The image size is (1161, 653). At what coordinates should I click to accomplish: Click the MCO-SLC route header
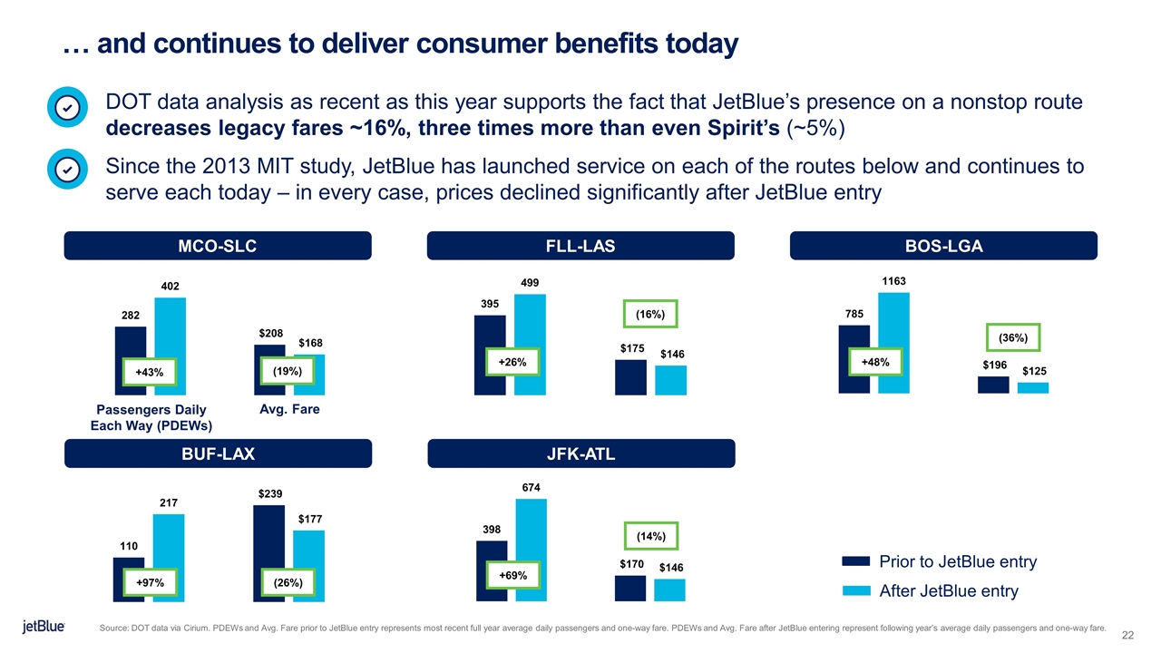(x=218, y=246)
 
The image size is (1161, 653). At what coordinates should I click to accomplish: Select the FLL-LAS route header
(x=580, y=246)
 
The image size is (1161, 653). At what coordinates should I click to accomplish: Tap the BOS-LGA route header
(x=943, y=246)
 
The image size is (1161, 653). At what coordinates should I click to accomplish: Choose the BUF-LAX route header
(x=218, y=453)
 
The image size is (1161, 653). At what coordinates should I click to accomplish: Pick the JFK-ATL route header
(x=580, y=453)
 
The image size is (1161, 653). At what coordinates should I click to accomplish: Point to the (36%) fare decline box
(x=1012, y=336)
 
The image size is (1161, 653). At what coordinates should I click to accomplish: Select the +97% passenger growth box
(x=149, y=582)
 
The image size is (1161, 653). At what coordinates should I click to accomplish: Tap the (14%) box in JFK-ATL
(x=652, y=537)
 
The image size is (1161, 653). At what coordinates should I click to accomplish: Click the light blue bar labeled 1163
(x=893, y=343)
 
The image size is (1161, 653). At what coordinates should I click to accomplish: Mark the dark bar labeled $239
(x=269, y=553)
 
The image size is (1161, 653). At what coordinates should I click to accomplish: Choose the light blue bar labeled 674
(x=532, y=550)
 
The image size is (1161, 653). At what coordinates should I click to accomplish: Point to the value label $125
(x=1035, y=372)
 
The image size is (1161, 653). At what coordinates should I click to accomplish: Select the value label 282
(x=131, y=315)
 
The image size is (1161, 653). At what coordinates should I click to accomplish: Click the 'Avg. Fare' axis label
(x=289, y=410)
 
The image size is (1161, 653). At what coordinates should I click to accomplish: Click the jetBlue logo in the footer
(x=43, y=628)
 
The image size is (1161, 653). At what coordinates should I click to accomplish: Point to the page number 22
(x=1128, y=633)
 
